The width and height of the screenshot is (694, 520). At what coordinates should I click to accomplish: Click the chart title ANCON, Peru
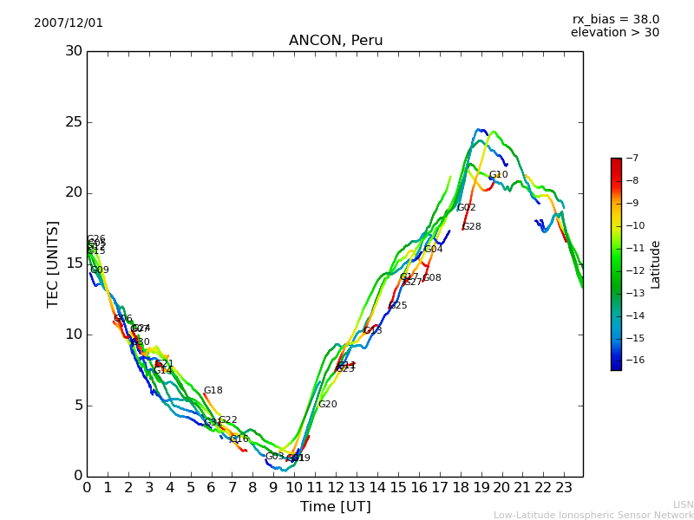coord(336,41)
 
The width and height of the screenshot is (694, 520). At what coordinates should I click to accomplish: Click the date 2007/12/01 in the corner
coord(69,23)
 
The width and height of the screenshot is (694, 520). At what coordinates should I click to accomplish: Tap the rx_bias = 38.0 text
coord(615,19)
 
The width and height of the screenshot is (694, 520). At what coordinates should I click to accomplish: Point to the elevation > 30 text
coord(615,33)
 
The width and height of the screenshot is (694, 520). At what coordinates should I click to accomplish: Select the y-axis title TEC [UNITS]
coord(53,264)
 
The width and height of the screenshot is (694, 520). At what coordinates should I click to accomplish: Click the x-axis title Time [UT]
coord(335,506)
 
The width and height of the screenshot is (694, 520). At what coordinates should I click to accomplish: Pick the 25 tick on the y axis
coord(73,122)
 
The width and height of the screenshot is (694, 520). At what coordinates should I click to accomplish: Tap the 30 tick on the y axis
coord(73,51)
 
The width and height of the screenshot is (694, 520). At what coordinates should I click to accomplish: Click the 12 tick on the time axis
coord(336,487)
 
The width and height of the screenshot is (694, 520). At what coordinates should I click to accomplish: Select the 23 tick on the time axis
coord(564,487)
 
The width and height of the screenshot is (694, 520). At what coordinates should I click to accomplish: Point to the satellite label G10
coord(498,175)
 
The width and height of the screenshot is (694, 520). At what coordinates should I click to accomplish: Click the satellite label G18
coord(213,391)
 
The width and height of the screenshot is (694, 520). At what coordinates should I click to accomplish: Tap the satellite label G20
coord(327,405)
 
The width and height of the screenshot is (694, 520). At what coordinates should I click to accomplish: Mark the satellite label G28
coord(471,227)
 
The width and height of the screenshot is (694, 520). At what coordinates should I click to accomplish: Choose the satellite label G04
coord(433,250)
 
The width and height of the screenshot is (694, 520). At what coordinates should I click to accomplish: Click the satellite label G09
coord(100,270)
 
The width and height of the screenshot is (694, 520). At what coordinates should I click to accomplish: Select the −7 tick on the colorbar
coord(632,159)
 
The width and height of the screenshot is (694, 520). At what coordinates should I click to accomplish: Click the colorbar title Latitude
coord(656,264)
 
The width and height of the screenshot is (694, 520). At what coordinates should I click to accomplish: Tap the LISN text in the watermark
coord(683,504)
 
